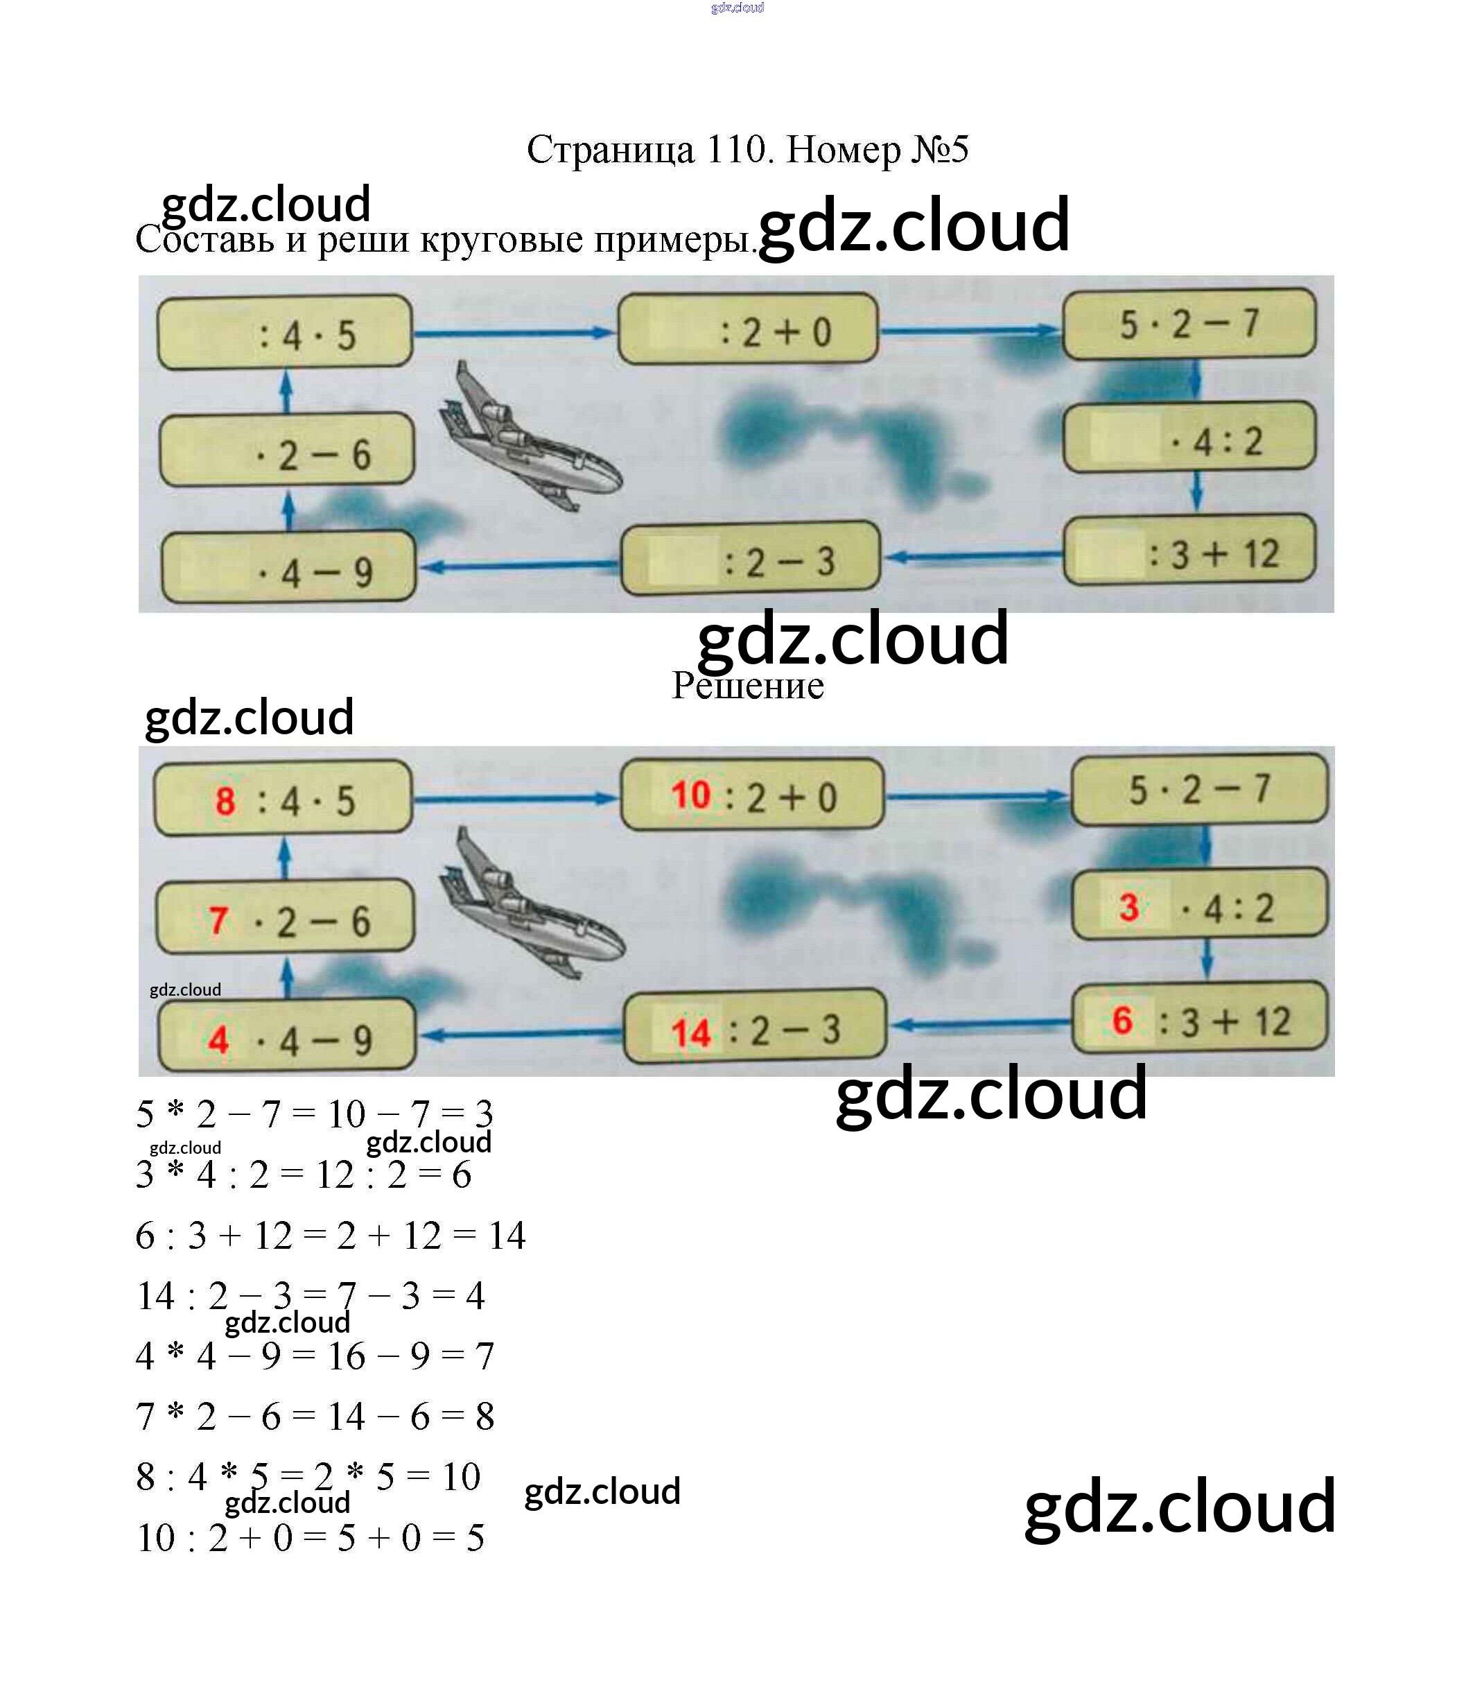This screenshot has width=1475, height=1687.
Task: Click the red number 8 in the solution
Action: click(225, 801)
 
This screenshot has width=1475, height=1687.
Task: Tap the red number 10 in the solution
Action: click(690, 796)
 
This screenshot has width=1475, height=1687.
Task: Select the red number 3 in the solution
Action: click(1128, 908)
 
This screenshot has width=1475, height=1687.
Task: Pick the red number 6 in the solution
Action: click(1122, 1021)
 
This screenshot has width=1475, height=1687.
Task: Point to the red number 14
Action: click(690, 1033)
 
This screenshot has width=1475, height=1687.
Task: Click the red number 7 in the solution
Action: click(218, 922)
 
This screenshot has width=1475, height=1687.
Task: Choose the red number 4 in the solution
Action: click(218, 1040)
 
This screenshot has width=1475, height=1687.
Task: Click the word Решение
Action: click(747, 686)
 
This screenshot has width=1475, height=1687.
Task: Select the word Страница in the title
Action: click(610, 150)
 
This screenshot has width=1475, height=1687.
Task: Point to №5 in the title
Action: click(939, 150)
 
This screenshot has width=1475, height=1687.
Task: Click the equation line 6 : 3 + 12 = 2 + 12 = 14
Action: click(330, 1235)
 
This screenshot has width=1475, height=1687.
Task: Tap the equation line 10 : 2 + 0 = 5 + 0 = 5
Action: click(311, 1537)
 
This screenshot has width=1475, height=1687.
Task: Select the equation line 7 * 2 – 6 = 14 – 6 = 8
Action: click(315, 1416)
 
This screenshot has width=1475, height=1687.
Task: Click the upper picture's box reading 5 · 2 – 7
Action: click(1189, 324)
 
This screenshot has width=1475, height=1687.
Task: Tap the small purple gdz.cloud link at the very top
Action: click(737, 8)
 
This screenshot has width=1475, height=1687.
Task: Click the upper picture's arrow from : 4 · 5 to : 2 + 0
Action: click(514, 333)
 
